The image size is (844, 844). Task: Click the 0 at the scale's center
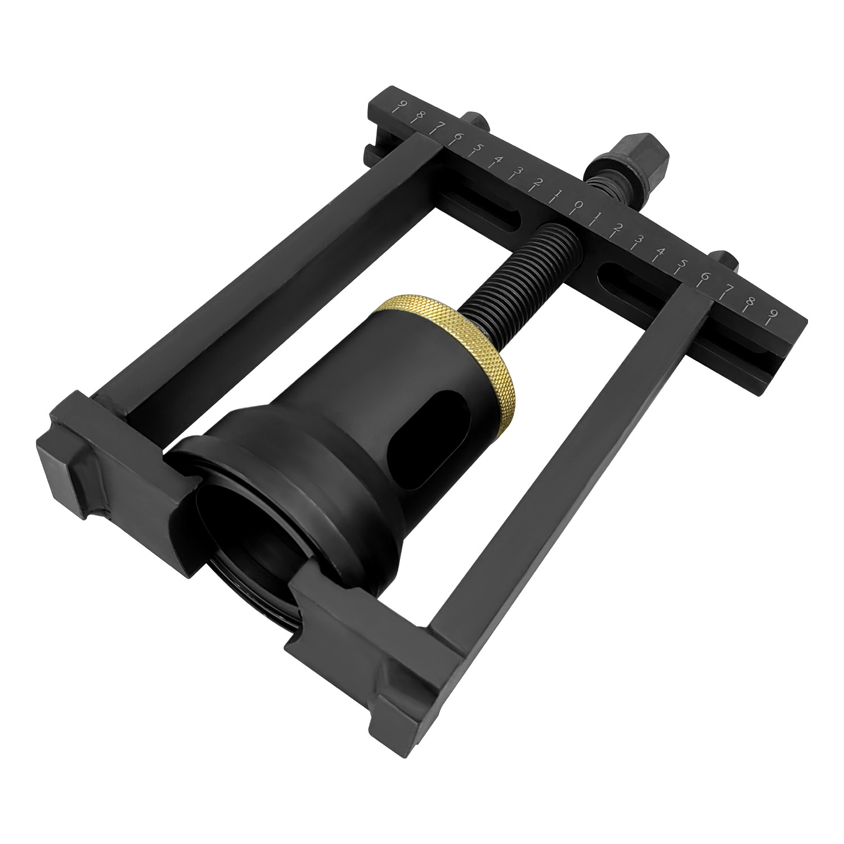(x=578, y=206)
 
